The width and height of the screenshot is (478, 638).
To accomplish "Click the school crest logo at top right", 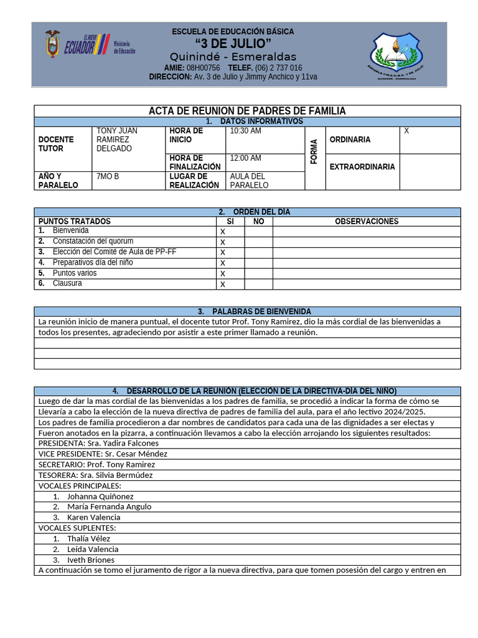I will point(400,55).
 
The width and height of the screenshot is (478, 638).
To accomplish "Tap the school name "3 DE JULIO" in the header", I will point(233,43).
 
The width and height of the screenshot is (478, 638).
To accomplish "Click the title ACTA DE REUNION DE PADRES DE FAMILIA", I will point(247,111).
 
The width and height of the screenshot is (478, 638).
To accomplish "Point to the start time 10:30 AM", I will point(246,131).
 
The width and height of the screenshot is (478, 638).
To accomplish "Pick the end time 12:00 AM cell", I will point(246,159).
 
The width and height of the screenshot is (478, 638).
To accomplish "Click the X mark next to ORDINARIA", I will point(406,131).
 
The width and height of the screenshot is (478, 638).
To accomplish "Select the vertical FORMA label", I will point(314,152).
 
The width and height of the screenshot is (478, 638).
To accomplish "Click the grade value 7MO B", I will point(108,177).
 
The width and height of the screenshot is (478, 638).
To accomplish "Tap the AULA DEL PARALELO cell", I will point(249,181).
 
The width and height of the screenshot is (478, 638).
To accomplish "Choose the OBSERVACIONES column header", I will point(367,221).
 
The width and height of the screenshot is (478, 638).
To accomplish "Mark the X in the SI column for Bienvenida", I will point(223,232).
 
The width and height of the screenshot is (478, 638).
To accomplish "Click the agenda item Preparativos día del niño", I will point(93,262).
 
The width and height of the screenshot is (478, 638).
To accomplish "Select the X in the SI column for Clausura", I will point(223,285).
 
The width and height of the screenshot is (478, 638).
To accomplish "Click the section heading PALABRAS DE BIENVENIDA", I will point(261,312).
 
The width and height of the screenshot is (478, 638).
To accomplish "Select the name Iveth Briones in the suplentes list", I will point(91,559).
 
